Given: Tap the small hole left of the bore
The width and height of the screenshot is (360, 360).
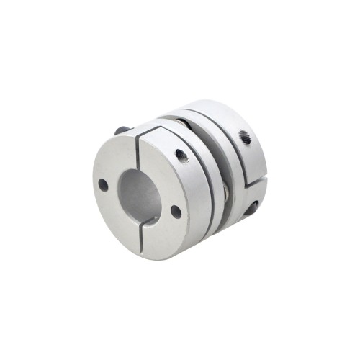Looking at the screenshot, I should pos(103,185).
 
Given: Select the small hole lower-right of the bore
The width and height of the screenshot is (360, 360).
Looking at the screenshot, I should pos(176,212).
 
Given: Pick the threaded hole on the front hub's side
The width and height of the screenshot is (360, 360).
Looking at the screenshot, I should pos(181,153).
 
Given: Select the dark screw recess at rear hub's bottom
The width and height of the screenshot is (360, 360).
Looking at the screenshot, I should pos(251,209).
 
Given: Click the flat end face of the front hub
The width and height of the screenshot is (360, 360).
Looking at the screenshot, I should pos(115,216).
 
